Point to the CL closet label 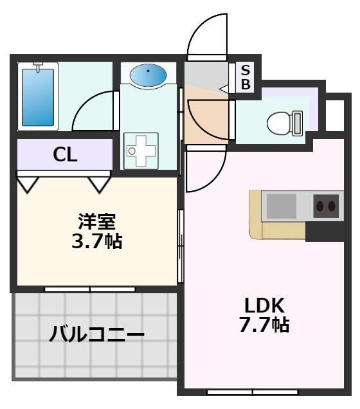tap(65, 155)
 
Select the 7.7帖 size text tap(265, 325)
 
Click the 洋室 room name tap(97, 223)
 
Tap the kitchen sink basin tap(280, 206)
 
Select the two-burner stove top tap(325, 206)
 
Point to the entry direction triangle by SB tap(225, 88)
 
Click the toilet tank tap(297, 122)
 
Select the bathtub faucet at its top tap(38, 66)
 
